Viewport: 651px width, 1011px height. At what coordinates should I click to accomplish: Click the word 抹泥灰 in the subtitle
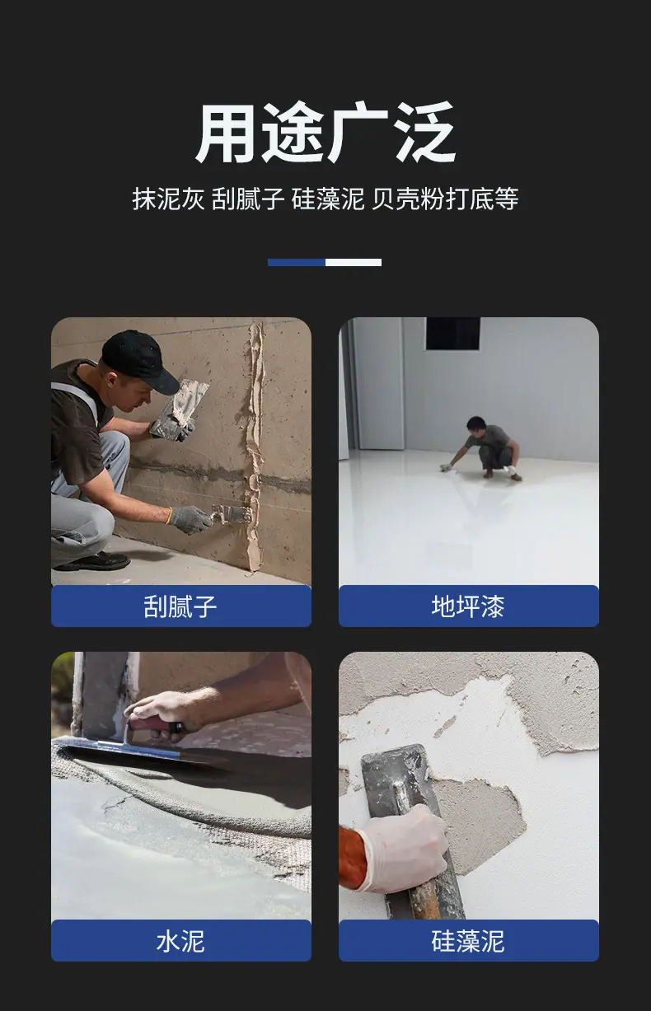click(168, 199)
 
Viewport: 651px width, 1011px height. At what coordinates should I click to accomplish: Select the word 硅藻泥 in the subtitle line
click(327, 199)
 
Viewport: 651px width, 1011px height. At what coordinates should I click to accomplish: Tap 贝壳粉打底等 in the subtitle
click(445, 199)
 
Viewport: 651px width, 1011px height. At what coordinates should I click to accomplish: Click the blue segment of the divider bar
click(296, 262)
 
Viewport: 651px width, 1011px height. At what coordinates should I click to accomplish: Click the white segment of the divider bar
click(353, 262)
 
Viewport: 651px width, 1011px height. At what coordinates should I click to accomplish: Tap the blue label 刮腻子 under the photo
click(181, 606)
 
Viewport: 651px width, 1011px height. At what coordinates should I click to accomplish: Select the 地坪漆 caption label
click(469, 606)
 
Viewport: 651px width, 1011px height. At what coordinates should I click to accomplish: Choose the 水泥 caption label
click(181, 941)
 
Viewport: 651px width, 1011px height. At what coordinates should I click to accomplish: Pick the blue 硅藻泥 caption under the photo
click(469, 941)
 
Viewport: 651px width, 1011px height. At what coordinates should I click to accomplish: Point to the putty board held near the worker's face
click(179, 409)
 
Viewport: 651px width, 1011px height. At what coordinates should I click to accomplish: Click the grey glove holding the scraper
click(189, 519)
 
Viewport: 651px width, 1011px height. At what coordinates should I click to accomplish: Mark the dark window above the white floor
click(453, 334)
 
